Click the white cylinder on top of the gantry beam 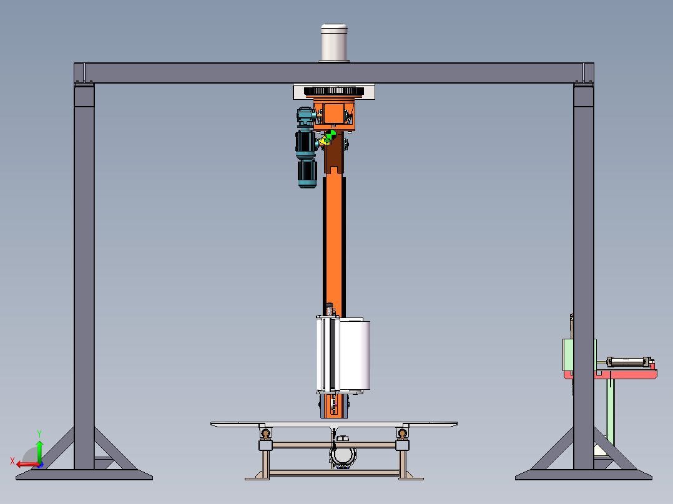point(334,42)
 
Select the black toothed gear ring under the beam point(334,91)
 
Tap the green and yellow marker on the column point(328,137)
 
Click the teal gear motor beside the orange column point(307,147)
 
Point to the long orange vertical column point(334,240)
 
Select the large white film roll point(354,354)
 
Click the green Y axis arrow point(39,451)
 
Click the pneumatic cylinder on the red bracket point(628,362)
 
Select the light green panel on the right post point(568,354)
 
